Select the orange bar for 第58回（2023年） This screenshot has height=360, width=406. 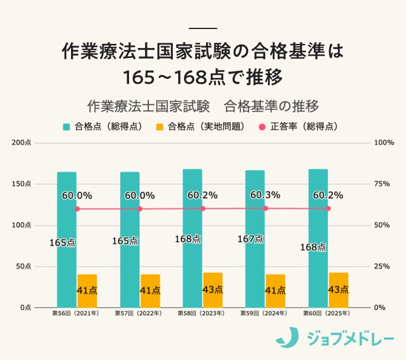(x=212, y=290)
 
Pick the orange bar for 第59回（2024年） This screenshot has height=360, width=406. (x=275, y=291)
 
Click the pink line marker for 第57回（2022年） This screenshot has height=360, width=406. (x=140, y=208)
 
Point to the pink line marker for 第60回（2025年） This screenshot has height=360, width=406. (x=328, y=208)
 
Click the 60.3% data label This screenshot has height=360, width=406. (x=265, y=195)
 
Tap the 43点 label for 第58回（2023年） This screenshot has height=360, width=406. (x=212, y=290)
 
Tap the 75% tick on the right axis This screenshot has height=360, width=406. (x=383, y=184)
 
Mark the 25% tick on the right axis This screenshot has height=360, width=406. (x=383, y=266)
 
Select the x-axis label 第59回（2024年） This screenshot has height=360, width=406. (x=263, y=313)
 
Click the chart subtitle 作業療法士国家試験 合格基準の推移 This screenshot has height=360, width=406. (x=203, y=106)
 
